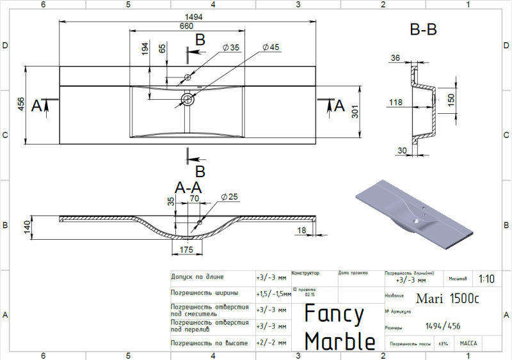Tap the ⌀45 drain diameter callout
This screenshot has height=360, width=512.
[x=271, y=48]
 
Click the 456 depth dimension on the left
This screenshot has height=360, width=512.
[x=21, y=106]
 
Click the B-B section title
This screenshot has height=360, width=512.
[x=422, y=30]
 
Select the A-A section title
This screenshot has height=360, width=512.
[x=189, y=187]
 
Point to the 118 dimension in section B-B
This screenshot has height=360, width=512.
[x=397, y=102]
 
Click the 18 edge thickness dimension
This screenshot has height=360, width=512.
[x=301, y=230]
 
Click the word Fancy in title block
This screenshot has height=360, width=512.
[x=334, y=314]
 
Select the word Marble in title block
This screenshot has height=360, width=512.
[x=339, y=340]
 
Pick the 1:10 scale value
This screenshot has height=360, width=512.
[x=486, y=279]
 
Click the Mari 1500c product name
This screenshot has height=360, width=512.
[x=447, y=298]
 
